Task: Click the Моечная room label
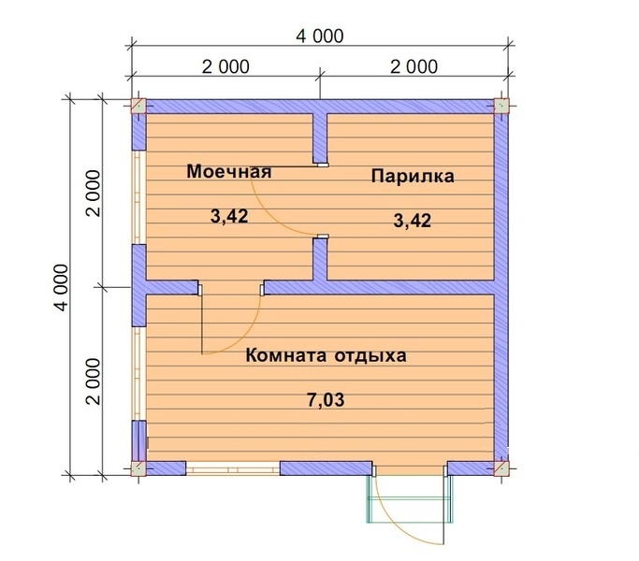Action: coord(228,172)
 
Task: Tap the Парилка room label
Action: coord(412,176)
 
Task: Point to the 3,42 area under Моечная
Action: coord(229,217)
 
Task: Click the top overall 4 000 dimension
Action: coord(320,36)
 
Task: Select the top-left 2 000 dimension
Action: coord(225,66)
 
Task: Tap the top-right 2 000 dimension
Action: coord(413,66)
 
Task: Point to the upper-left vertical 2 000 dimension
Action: coord(92,192)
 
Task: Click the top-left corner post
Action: coord(138,106)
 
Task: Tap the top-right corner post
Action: coord(501,106)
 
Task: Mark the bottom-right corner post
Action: coord(501,467)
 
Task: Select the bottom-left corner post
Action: coord(138,467)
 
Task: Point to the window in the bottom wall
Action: coord(232,467)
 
